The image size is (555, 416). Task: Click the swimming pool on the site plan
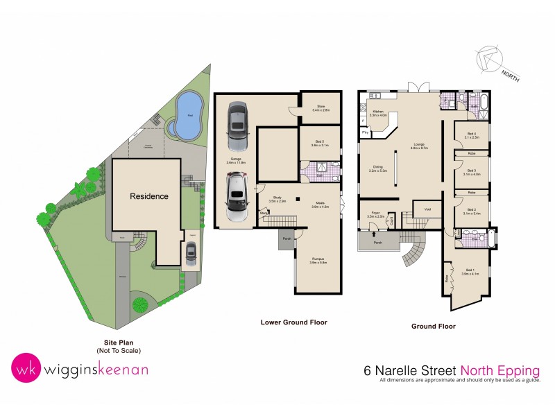[185, 116]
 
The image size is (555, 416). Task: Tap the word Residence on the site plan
[149, 196]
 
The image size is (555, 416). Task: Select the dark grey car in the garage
[237, 127]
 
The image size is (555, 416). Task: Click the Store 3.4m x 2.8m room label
[321, 108]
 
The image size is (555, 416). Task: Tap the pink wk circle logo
[26, 368]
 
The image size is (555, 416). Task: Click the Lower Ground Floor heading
[293, 322]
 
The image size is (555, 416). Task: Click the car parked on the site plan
[191, 254]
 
